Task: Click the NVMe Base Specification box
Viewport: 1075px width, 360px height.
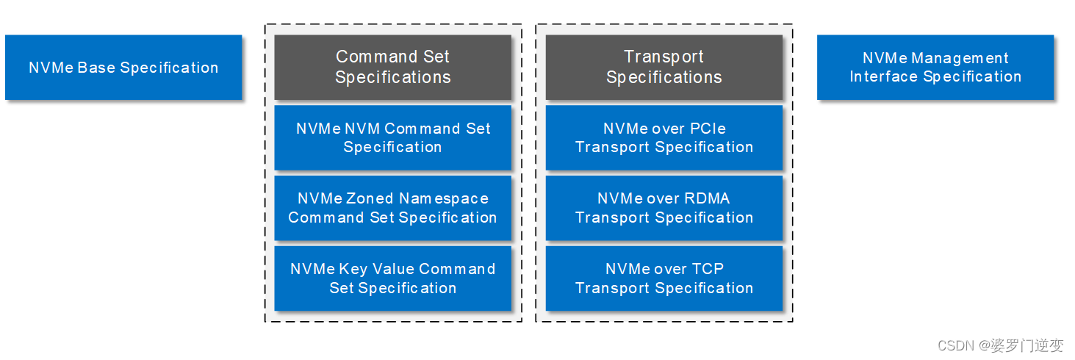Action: tap(123, 68)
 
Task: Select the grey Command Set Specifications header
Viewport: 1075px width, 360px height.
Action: tap(392, 67)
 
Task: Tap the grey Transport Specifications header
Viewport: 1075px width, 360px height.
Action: tap(664, 67)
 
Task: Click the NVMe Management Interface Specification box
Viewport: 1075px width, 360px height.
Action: tap(935, 67)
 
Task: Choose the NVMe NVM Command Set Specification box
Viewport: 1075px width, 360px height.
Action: tap(392, 137)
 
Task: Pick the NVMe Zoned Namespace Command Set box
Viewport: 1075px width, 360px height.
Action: tap(392, 208)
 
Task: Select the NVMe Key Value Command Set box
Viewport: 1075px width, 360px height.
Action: tap(392, 278)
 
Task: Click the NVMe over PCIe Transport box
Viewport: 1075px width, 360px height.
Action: tap(664, 137)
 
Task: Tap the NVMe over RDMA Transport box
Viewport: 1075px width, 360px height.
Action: tap(664, 208)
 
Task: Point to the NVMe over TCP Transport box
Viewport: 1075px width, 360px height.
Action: tap(664, 278)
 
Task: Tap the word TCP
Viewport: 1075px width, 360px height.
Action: tap(708, 269)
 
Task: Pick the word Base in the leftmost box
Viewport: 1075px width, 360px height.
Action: tap(97, 68)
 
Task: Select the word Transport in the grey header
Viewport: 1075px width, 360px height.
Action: tap(664, 57)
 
